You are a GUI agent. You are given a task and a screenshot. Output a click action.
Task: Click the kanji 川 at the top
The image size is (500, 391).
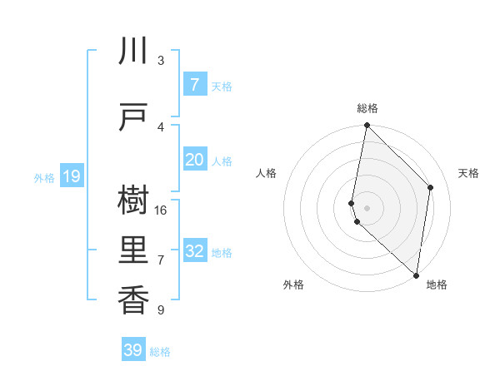133,52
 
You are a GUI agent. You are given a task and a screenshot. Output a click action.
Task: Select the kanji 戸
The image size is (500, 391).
133,119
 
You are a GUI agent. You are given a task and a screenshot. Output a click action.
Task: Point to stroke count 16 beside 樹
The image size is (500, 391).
162,210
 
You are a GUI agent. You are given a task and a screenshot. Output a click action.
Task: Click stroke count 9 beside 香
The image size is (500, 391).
161,310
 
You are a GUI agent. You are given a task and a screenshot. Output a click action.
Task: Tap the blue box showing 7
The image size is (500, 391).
194,85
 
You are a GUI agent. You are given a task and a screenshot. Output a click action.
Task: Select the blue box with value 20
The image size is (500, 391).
194,160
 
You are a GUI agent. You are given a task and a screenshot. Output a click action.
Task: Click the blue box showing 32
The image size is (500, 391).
194,251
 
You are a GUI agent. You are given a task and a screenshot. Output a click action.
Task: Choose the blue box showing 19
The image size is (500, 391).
71,176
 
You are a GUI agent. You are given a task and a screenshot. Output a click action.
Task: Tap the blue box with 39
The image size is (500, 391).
133,350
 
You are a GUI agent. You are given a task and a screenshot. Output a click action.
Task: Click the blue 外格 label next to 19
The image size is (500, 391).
44,177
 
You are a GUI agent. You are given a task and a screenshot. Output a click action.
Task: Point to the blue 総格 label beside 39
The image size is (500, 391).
160,352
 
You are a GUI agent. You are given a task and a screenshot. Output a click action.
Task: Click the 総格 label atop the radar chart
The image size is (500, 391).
367,108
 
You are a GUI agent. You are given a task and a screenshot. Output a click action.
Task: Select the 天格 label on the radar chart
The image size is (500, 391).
468,173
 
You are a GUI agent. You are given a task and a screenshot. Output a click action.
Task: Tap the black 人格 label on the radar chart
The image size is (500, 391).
267,173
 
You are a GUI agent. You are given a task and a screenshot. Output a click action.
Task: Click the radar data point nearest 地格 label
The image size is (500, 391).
417,275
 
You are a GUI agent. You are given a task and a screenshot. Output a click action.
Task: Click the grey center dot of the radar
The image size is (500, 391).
367,207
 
